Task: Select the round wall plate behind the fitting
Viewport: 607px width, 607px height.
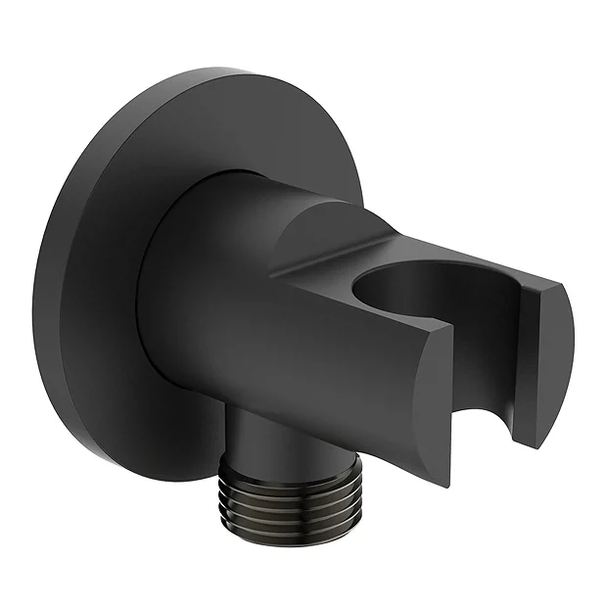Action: click(x=108, y=294)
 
